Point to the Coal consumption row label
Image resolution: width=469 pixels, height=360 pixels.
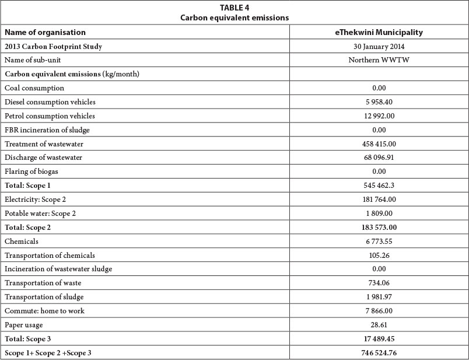[34, 88]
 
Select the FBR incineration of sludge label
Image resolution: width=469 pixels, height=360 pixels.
[47, 130]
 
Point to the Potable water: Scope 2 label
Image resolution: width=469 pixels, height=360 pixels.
[40, 214]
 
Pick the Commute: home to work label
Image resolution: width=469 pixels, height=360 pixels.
[44, 311]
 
